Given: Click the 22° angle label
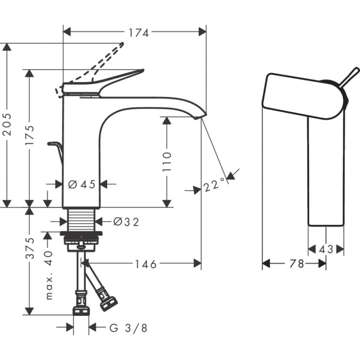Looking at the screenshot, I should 213,185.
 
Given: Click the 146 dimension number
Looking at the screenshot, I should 146,264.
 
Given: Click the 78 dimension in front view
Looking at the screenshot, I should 296,264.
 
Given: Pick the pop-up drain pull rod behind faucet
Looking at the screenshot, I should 56,148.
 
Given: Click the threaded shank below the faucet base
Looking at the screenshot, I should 81,220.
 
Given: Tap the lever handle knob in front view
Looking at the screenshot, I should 356,72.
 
